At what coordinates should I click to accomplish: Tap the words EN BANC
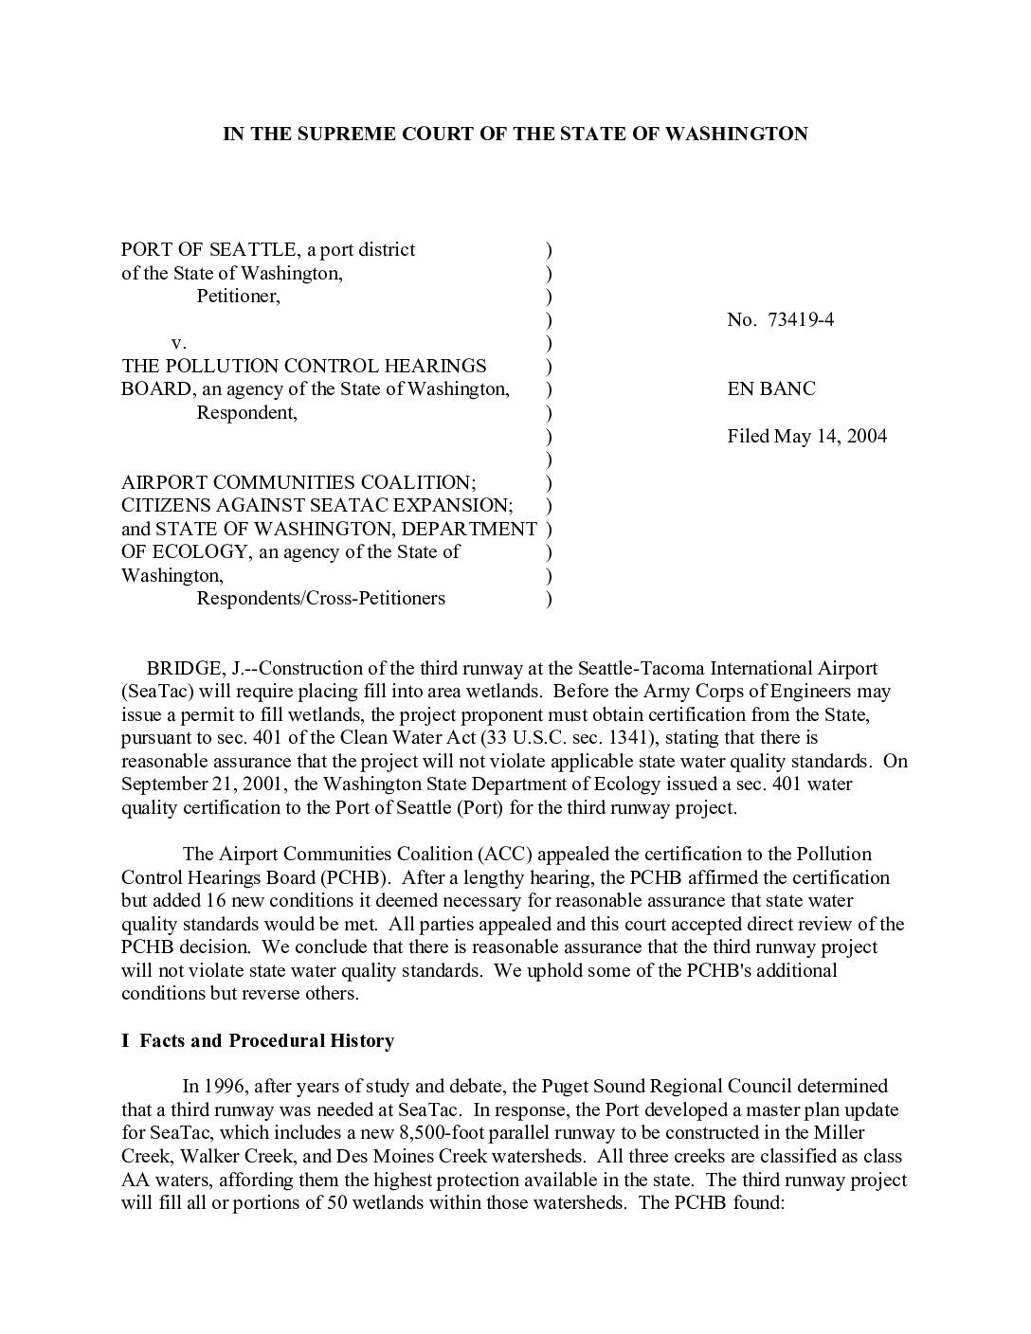[x=770, y=388]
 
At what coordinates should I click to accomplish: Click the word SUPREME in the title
[x=345, y=134]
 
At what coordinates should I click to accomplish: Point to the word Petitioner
[x=238, y=296]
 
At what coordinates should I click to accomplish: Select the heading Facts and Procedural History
[x=266, y=1040]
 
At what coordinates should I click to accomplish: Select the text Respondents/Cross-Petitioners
[x=320, y=598]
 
